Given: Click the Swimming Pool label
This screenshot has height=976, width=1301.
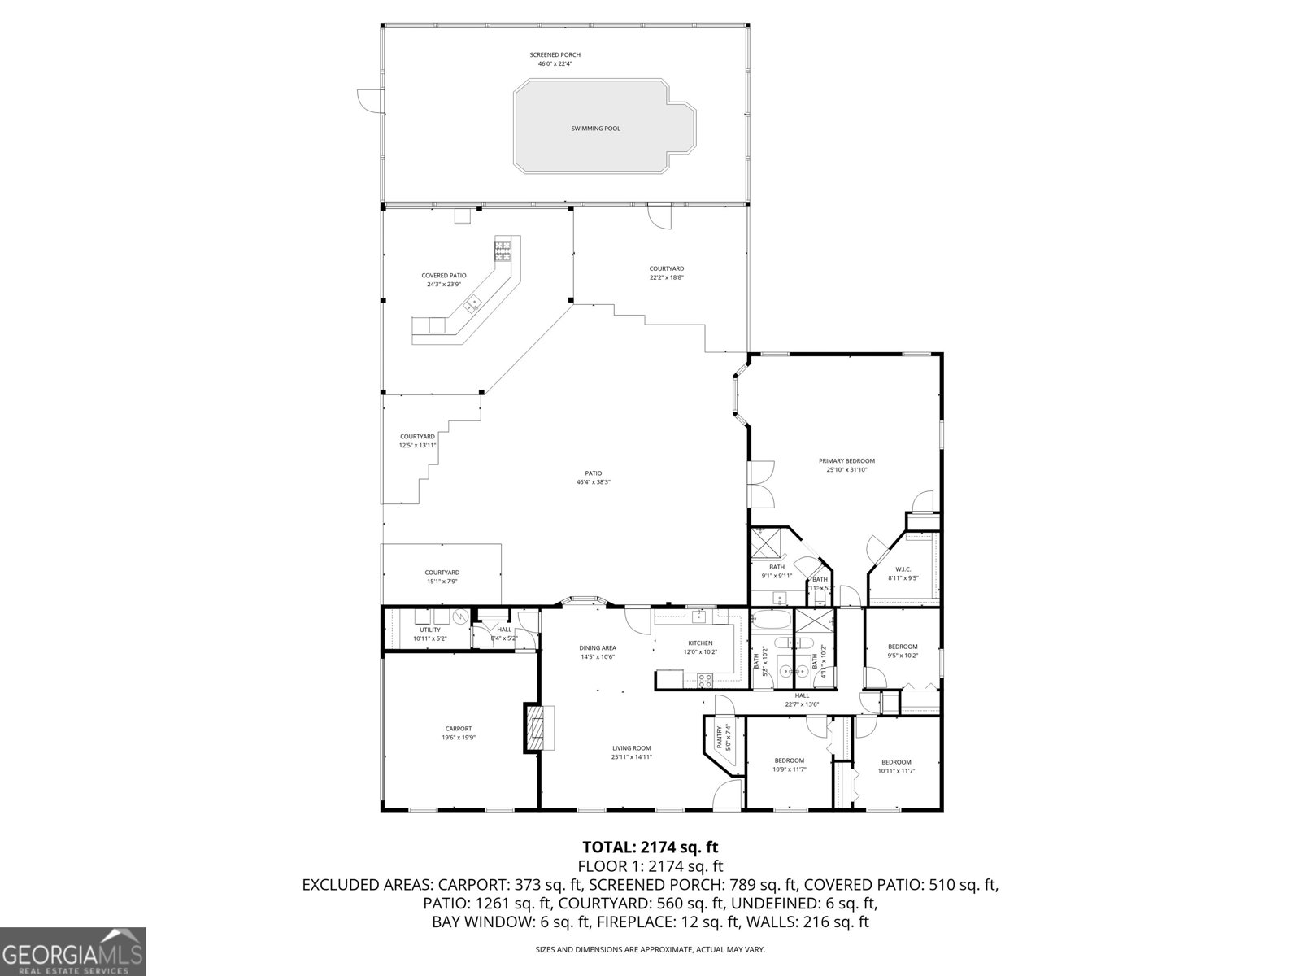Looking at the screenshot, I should click(x=595, y=129).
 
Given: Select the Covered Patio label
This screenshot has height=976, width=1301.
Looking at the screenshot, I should click(x=443, y=276).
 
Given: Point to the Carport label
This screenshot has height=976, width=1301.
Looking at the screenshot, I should click(x=458, y=729).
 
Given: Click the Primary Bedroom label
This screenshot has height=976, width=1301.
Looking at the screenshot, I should click(x=846, y=460).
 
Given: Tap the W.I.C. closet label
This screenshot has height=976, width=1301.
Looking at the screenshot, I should click(x=903, y=569).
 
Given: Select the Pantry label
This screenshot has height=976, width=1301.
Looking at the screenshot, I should click(x=719, y=738).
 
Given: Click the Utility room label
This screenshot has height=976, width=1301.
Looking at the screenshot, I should click(x=430, y=630).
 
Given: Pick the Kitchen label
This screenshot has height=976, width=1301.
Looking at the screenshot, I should click(x=700, y=643).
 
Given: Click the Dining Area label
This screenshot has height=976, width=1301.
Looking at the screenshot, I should click(x=597, y=648).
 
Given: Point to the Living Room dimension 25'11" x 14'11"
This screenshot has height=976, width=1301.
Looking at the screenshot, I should click(x=631, y=757).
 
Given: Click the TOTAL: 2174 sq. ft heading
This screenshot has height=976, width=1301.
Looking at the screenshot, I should click(x=650, y=847).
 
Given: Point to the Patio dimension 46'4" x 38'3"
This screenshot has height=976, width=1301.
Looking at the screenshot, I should click(x=593, y=482).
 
